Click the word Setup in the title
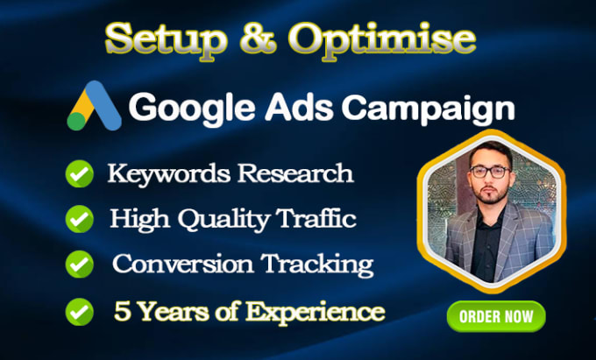(167, 40)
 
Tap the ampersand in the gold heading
(259, 39)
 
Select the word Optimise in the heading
(381, 40)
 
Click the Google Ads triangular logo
(95, 106)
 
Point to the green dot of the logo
(77, 121)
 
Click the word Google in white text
(192, 108)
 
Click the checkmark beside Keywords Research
(80, 173)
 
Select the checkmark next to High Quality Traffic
(80, 219)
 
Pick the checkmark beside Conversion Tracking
(80, 264)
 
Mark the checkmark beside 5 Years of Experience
(80, 312)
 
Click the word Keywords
(169, 174)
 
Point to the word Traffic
(316, 218)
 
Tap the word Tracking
(317, 265)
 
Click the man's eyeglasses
(490, 172)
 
